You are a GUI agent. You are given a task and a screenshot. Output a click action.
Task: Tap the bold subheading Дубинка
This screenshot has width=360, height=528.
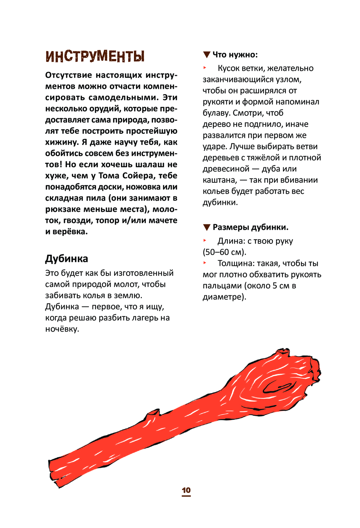[67, 259]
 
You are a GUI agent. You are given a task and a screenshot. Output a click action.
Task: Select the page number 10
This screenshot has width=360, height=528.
[186, 490]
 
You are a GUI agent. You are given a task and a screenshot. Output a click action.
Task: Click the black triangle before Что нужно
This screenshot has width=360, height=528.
[207, 55]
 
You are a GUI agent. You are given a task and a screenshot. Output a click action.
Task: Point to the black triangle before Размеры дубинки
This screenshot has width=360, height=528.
[207, 227]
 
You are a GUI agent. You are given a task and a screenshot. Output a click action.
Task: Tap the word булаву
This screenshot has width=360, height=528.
[216, 113]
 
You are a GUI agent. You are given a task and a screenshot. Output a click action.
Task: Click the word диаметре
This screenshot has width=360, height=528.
[224, 297]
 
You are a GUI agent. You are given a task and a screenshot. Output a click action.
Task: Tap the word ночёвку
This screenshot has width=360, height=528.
[62, 329]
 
